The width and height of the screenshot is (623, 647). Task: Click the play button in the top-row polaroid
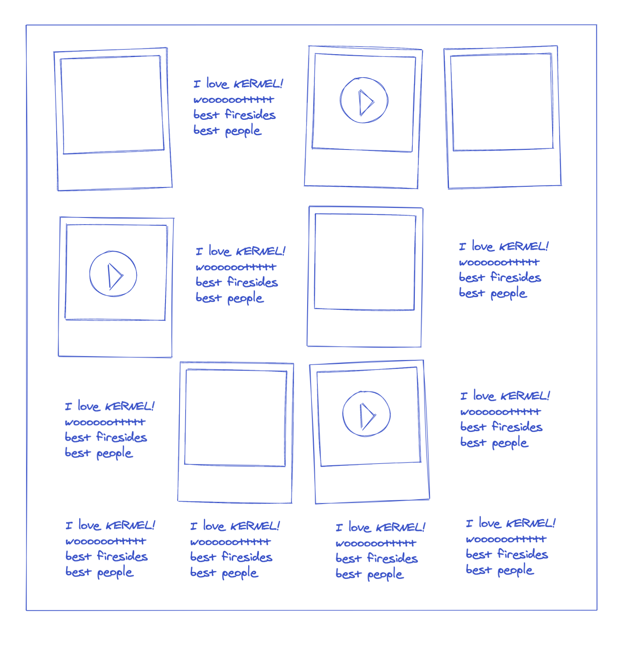[364, 100]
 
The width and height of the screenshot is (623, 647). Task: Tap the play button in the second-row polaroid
[113, 274]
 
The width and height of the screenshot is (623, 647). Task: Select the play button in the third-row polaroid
[367, 414]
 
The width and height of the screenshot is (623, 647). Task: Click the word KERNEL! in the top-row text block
[258, 84]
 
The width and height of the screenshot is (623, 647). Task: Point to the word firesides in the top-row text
[250, 114]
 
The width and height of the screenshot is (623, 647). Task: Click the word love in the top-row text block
[217, 84]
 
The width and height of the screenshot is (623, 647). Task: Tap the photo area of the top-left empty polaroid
[112, 104]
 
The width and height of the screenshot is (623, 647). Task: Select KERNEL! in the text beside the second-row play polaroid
[260, 252]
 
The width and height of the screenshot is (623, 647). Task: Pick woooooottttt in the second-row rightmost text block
[499, 262]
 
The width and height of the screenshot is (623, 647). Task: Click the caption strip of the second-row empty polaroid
[364, 328]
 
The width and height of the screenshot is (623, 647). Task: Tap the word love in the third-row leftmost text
[89, 406]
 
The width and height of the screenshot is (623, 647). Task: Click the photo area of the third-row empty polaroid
[236, 418]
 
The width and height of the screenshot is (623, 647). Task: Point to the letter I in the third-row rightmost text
[464, 396]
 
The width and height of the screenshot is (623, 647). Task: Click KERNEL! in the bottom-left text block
[130, 525]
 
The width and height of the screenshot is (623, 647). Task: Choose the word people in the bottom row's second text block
[240, 573]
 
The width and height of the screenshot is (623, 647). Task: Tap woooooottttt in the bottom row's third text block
[376, 543]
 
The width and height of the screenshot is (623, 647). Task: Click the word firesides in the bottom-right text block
[523, 554]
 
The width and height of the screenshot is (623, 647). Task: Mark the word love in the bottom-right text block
[490, 523]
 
